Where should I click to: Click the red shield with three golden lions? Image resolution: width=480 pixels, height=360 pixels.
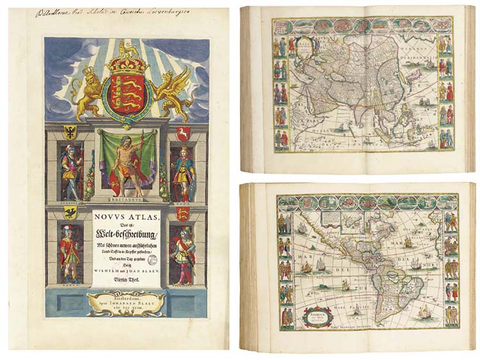(127, 90)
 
